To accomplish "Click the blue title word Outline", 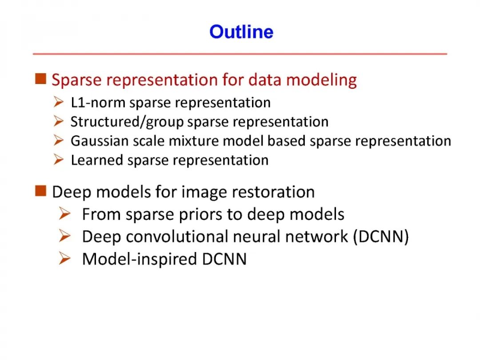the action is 241,32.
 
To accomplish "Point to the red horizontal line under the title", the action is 240,54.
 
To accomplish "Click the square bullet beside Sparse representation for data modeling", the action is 41,79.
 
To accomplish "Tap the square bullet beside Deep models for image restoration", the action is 41,191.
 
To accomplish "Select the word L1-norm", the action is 98,103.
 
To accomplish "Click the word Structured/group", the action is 127,122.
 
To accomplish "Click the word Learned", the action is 97,160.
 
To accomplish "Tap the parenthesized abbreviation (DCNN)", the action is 381,236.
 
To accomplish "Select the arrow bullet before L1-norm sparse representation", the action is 58,102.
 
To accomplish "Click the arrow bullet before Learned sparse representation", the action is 58,160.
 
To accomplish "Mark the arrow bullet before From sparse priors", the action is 64,213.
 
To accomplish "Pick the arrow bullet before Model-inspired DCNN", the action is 64,258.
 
